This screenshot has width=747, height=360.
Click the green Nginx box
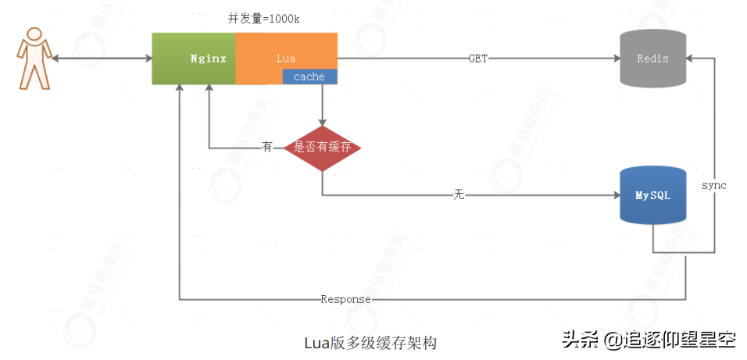coord(194,59)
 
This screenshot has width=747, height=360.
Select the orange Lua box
coord(286,52)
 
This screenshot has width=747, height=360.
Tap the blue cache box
coord(309,77)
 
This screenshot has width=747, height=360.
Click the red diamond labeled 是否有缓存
coord(322,147)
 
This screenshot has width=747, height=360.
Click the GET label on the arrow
coord(478,59)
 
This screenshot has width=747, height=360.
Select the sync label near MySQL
coord(713,185)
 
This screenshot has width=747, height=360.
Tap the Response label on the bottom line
coord(345,300)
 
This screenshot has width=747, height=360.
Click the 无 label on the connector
coord(459,194)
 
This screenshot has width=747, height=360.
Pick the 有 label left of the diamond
coord(267,147)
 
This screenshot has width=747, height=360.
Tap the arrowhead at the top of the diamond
coord(322,121)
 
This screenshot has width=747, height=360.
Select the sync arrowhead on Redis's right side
coord(692,59)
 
